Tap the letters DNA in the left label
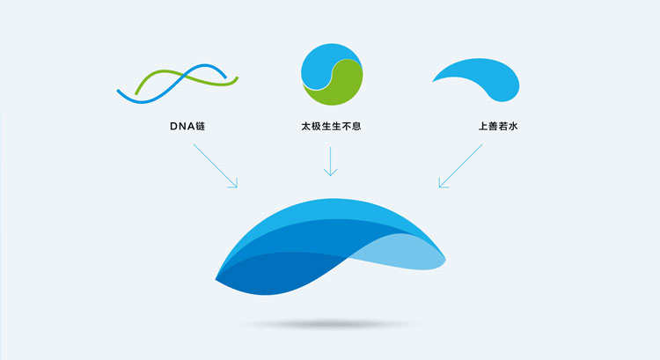click(180, 127)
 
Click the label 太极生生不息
click(330, 127)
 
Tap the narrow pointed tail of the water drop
click(438, 79)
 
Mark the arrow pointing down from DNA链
click(216, 165)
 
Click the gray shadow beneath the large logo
click(330, 325)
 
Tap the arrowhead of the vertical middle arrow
click(330, 173)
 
